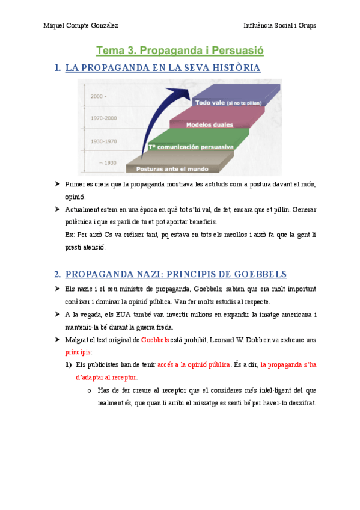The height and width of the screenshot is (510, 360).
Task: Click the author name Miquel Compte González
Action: click(81, 25)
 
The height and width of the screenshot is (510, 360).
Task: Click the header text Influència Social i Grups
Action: click(279, 25)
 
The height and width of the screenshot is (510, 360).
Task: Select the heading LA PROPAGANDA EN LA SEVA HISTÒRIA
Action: click(162, 68)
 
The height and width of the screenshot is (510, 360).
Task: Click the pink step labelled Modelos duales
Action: click(210, 124)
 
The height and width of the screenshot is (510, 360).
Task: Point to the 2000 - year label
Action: click(99, 96)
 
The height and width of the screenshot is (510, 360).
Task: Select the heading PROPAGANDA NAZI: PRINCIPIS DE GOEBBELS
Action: click(175, 274)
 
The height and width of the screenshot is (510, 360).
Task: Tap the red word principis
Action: click(78, 352)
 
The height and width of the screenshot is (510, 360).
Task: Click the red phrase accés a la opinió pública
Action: click(194, 364)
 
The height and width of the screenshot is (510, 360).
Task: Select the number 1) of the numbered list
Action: click(69, 364)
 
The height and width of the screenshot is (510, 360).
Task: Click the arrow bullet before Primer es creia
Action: click(56, 183)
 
